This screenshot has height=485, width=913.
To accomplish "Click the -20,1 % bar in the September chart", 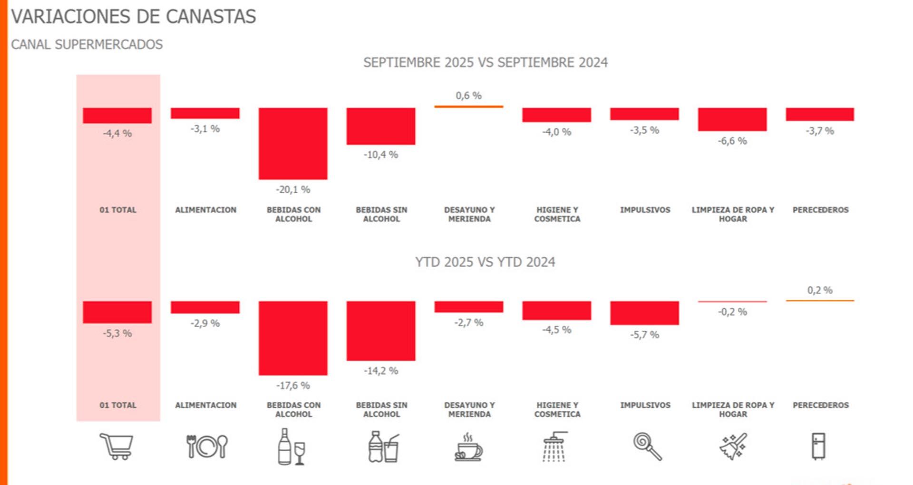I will [292, 143].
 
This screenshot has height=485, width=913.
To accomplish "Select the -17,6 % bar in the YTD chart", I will [292, 338].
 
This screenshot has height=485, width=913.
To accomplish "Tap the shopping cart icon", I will [116, 446].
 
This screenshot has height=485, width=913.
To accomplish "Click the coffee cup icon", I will [468, 447].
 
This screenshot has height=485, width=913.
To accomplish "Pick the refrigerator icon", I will [818, 446].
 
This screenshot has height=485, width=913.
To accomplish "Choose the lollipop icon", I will [647, 446].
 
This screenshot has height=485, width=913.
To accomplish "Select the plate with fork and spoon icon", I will [206, 446].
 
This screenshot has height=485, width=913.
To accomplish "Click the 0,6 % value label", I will [468, 96].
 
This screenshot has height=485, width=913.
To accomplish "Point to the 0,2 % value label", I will [819, 290].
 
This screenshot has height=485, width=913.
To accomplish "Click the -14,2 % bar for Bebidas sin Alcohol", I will [380, 331].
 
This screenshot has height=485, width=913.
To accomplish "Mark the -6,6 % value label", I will [732, 141].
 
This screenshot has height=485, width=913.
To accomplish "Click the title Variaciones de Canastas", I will [134, 17].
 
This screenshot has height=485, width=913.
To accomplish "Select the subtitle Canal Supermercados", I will [87, 45].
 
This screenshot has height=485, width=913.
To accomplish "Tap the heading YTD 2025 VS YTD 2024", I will [485, 262].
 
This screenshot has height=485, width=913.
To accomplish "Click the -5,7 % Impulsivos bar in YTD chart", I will [644, 313].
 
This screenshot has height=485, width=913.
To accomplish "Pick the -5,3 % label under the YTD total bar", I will [117, 333].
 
